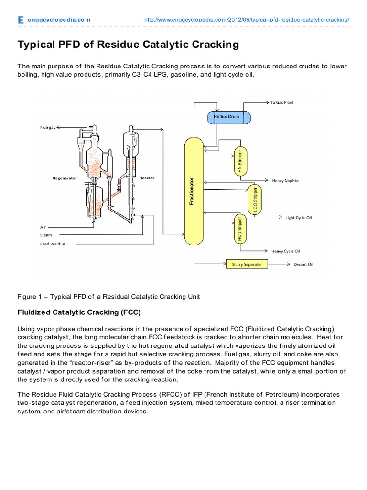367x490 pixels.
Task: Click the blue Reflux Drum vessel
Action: click(x=229, y=117)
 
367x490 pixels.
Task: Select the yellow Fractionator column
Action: click(x=194, y=189)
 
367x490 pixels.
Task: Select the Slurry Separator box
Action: click(x=247, y=264)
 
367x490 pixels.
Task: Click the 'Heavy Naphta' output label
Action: click(x=285, y=181)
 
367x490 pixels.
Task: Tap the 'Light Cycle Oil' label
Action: click(x=299, y=218)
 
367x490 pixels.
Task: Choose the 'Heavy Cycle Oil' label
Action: click(x=286, y=251)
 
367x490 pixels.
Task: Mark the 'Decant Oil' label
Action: click(x=303, y=264)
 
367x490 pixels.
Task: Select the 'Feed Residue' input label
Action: click(x=53, y=244)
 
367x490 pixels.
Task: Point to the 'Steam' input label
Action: click(x=46, y=235)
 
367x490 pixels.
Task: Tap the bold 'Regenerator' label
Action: click(x=65, y=178)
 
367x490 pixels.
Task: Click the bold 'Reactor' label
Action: click(x=147, y=178)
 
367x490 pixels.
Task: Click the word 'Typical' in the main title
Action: click(x=36, y=45)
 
